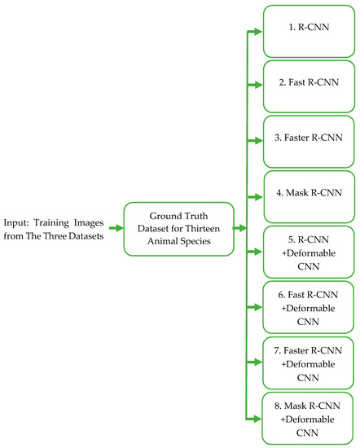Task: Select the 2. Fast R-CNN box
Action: [309, 85]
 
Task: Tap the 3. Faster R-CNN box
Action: [309, 140]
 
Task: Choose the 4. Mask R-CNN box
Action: [309, 195]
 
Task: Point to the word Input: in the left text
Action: [18, 220]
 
